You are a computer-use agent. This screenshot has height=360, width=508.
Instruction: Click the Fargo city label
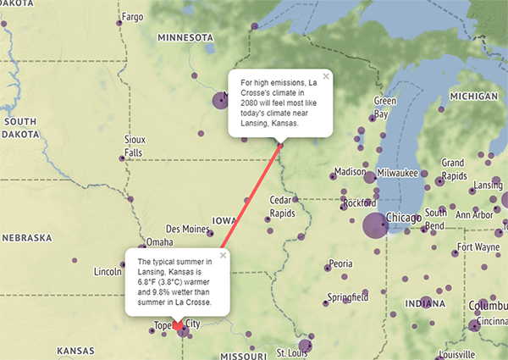(133, 16)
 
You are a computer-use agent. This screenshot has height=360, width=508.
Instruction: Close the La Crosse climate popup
(326, 75)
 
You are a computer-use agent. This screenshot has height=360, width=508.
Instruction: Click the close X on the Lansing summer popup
(224, 255)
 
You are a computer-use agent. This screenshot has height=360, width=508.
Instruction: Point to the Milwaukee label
(398, 172)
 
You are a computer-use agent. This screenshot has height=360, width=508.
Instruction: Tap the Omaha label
(159, 242)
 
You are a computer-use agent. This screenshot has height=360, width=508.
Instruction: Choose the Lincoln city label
(108, 272)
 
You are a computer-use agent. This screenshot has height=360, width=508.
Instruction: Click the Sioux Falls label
(135, 145)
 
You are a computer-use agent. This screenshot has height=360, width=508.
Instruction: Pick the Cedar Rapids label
(281, 206)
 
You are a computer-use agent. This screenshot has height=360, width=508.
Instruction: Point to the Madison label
(350, 172)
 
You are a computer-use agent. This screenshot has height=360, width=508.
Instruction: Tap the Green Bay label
(385, 107)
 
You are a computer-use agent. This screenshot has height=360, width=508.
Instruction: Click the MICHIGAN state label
(474, 97)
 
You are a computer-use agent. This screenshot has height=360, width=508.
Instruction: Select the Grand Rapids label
(453, 169)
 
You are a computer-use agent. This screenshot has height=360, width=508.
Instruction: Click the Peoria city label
(340, 263)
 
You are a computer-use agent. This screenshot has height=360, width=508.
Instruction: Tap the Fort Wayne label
(478, 247)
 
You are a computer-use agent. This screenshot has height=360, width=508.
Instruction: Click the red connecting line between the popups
(246, 203)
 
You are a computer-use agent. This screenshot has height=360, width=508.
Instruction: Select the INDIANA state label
(424, 302)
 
